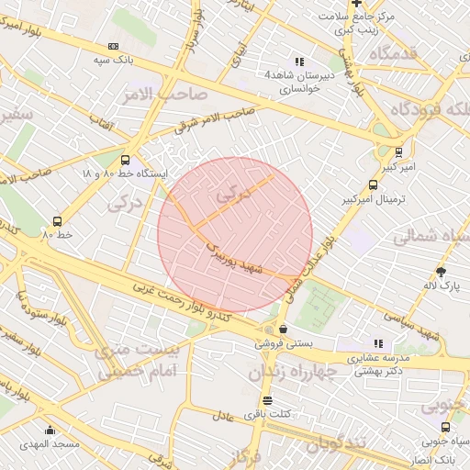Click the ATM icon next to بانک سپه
(113, 46)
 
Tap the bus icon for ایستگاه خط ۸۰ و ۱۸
(125, 160)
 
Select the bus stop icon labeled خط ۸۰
(58, 221)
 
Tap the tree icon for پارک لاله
(441, 272)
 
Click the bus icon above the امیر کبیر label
(398, 152)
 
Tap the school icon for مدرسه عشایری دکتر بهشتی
(378, 343)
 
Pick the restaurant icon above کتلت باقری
(267, 400)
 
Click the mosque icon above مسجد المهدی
(50, 431)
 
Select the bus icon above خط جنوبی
(445, 427)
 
